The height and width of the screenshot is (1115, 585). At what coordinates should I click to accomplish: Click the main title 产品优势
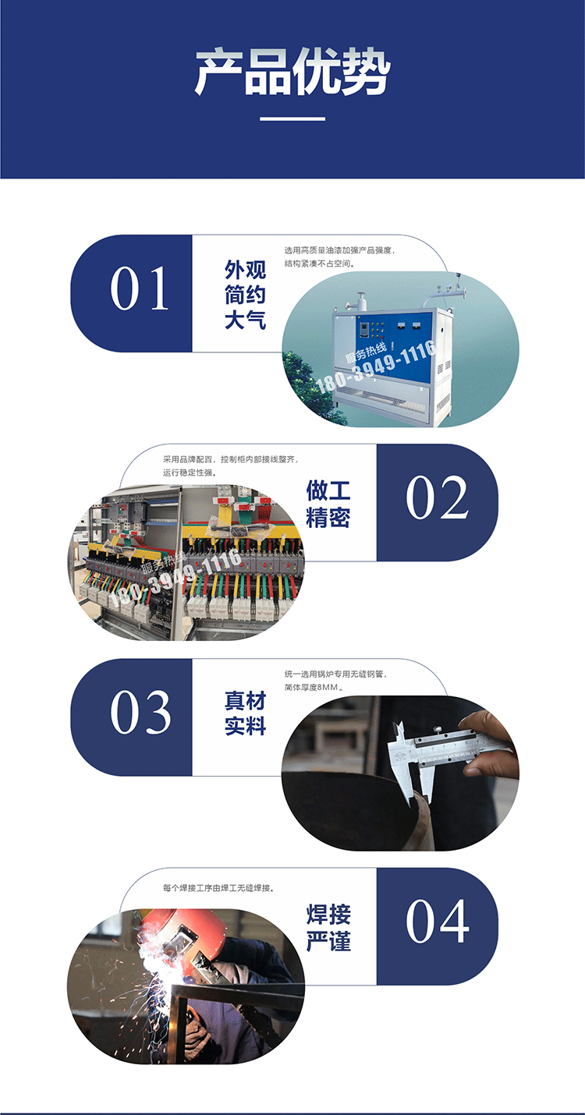click(x=292, y=73)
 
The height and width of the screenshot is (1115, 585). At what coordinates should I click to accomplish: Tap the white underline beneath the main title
click(x=292, y=119)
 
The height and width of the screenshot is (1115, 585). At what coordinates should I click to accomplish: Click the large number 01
click(x=140, y=288)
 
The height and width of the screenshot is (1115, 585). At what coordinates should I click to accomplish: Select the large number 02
click(x=437, y=497)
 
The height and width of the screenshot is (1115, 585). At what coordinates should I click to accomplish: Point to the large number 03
click(x=140, y=712)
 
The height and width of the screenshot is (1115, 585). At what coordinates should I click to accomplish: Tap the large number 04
click(x=437, y=921)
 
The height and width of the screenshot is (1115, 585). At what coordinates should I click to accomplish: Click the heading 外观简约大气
click(x=245, y=295)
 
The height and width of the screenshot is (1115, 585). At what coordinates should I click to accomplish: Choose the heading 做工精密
click(x=328, y=504)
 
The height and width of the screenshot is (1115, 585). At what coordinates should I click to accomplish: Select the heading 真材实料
click(x=245, y=713)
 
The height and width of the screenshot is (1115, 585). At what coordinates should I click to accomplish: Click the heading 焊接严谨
click(x=328, y=927)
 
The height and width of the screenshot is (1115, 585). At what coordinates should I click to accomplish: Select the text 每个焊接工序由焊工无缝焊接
click(x=218, y=887)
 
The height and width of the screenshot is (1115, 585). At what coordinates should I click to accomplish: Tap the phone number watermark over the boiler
click(x=377, y=366)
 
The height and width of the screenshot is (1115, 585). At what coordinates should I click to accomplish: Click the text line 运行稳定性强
click(x=190, y=473)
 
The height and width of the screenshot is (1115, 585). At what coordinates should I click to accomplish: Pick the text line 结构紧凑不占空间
click(x=319, y=264)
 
